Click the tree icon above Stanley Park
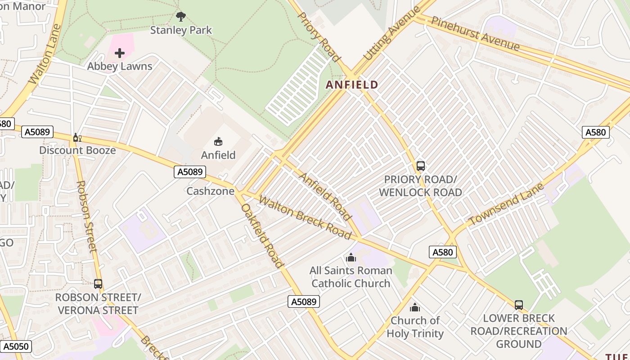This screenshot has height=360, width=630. pyautogui.click(x=181, y=17)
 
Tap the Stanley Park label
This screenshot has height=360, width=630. pyautogui.click(x=181, y=30)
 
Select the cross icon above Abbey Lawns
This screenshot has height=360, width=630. pyautogui.click(x=120, y=53)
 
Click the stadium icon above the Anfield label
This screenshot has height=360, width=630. pyautogui.click(x=218, y=142)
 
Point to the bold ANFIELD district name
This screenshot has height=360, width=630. pyautogui.click(x=352, y=85)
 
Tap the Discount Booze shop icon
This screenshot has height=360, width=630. pyautogui.click(x=77, y=137)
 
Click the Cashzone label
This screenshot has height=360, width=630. pyautogui.click(x=211, y=191)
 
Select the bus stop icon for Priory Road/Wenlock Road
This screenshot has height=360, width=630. pyautogui.click(x=421, y=166)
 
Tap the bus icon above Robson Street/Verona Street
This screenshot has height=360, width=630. pyautogui.click(x=98, y=284)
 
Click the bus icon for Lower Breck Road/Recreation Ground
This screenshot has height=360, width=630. pyautogui.click(x=519, y=305)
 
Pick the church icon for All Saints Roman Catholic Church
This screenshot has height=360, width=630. pyautogui.click(x=351, y=257)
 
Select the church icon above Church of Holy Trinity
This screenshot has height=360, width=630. pyautogui.click(x=414, y=307)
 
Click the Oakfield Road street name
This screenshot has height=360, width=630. pyautogui.click(x=262, y=236)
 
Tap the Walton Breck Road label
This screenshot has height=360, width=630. pyautogui.click(x=305, y=218)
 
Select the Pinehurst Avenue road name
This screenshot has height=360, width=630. pyautogui.click(x=475, y=34)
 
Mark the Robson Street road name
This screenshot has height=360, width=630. pyautogui.click(x=86, y=216)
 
